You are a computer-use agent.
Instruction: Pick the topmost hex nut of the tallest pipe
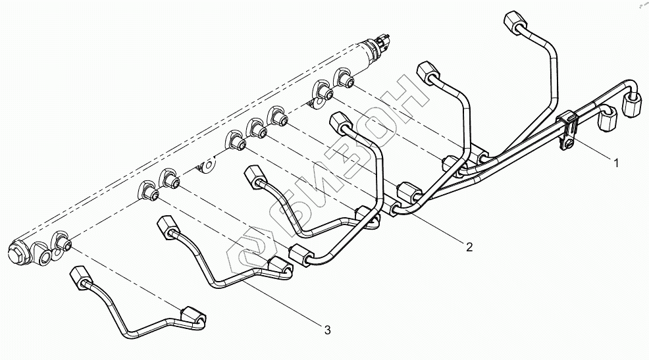512,21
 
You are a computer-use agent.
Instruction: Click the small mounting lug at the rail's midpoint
206,164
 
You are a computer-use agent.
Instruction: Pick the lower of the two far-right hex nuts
608,122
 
